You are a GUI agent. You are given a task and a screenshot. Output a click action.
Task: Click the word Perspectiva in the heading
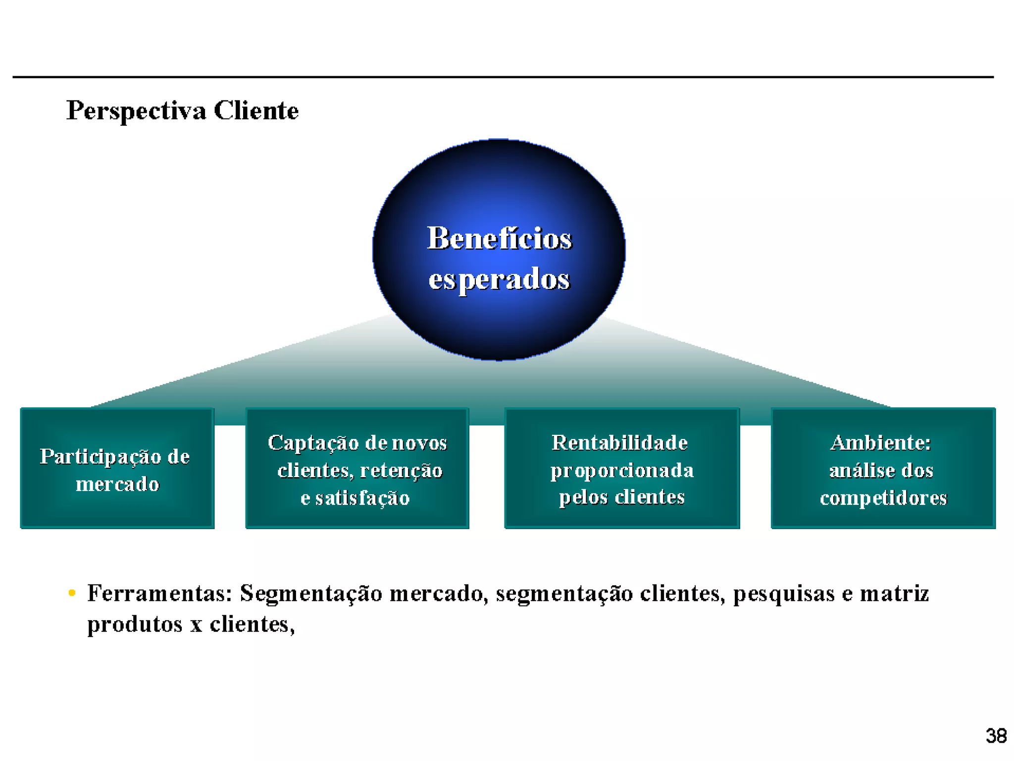[136, 110]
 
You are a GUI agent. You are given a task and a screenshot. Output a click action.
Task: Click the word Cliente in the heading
[256, 110]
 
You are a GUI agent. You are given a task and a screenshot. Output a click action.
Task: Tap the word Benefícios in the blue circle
[499, 238]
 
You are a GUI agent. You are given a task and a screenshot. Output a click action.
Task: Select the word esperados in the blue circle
[499, 279]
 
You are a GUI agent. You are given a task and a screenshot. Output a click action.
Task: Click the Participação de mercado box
[117, 469]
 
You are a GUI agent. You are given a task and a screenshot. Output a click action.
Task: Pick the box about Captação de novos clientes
[357, 469]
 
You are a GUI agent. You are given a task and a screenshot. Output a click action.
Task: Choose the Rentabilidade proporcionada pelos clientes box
[622, 469]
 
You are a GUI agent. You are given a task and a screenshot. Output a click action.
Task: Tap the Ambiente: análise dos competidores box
[883, 469]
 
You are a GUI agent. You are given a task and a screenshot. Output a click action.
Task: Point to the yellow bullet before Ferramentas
[72, 593]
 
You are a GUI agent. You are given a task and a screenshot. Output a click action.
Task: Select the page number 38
[996, 736]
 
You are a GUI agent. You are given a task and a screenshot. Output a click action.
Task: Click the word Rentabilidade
[620, 442]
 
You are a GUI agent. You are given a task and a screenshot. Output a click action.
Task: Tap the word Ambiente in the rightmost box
[880, 442]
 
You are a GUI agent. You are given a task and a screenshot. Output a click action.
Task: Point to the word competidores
[883, 497]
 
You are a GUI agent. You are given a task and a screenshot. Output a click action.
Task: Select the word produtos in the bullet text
[135, 624]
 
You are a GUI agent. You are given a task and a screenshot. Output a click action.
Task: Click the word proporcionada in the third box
[622, 470]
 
